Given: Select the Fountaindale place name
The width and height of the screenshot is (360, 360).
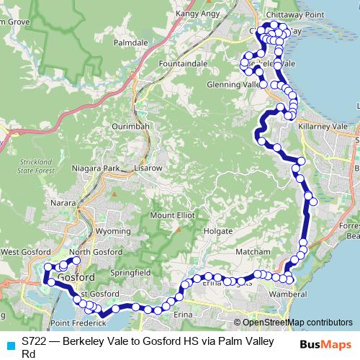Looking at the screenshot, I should (179, 64).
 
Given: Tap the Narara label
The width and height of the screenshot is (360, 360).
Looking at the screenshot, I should (63, 204).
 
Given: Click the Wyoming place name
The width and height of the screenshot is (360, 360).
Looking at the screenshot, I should (112, 232).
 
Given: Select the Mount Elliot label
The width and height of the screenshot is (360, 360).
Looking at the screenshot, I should (174, 216).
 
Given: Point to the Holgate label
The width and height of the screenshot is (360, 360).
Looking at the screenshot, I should (217, 232).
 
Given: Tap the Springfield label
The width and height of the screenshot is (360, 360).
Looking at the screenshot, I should (130, 274).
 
